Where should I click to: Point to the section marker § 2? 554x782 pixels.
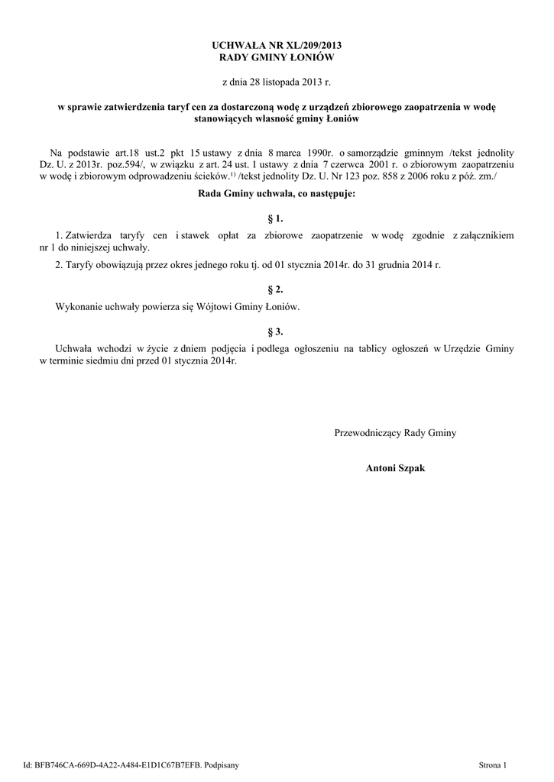click(277, 289)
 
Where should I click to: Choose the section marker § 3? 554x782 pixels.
click(277, 331)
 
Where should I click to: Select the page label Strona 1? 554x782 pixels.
click(492, 764)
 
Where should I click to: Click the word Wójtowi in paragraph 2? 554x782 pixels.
click(217, 306)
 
